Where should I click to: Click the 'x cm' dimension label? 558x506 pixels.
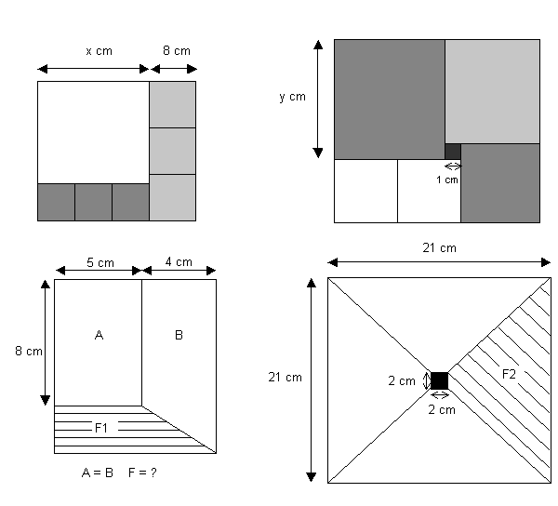coord(99,51)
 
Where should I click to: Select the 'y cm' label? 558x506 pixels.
coord(291,96)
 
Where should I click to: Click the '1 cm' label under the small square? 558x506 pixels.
coord(447,180)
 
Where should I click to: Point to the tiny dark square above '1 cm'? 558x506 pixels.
coord(453,152)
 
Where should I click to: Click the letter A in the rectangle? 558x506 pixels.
coord(99,335)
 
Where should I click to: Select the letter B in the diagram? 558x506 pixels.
coord(179,335)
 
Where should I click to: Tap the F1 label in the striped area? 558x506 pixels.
coord(101,428)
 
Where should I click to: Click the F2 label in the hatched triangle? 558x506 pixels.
coord(509,374)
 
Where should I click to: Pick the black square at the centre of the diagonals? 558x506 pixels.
coord(439,380)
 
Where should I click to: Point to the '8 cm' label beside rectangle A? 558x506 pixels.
coord(24,351)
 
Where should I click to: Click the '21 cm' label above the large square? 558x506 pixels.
coord(438,247)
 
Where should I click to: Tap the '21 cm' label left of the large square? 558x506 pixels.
coord(283,377)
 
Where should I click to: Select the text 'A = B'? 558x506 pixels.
coord(98,472)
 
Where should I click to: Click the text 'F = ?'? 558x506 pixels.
coord(142,472)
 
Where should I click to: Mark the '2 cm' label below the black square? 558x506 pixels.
coord(440,409)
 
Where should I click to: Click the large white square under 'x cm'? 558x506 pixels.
coord(93,132)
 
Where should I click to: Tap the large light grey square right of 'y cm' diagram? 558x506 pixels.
coord(492,91)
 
